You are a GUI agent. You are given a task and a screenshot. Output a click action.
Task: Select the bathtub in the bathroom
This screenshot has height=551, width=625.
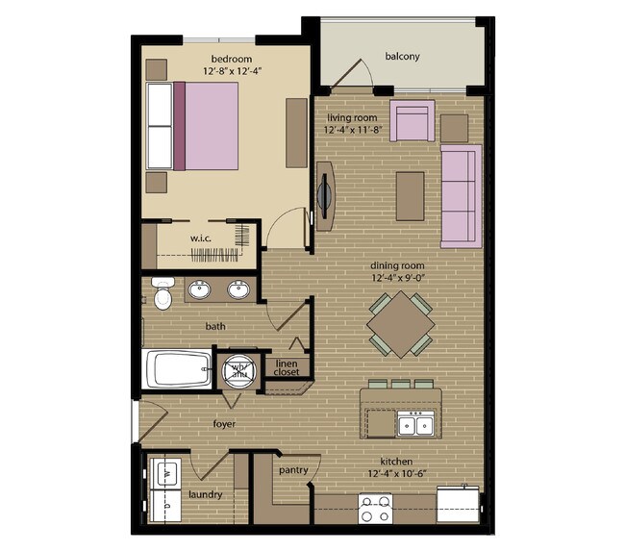(177, 369)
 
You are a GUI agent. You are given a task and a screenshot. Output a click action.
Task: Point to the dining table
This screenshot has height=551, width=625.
(400, 325)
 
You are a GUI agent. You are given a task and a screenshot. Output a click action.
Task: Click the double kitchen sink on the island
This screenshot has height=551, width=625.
(417, 423)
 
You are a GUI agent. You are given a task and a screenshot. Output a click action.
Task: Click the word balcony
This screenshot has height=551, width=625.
(402, 56)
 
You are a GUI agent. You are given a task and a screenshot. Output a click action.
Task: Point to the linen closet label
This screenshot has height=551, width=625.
(287, 368)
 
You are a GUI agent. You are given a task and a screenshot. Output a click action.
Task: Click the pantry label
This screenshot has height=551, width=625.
(292, 470)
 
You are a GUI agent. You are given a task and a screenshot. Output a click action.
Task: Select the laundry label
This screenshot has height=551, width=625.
(206, 494)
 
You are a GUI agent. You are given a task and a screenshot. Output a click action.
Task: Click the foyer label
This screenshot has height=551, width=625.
(224, 423)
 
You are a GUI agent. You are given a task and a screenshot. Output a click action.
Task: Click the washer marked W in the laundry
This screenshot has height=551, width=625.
(165, 474)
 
